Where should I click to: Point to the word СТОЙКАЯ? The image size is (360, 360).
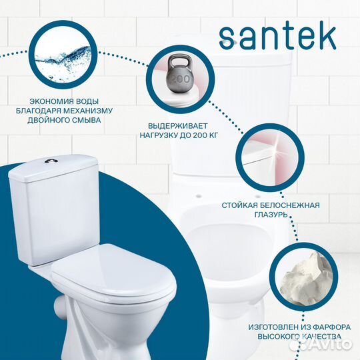click(x=243, y=204)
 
